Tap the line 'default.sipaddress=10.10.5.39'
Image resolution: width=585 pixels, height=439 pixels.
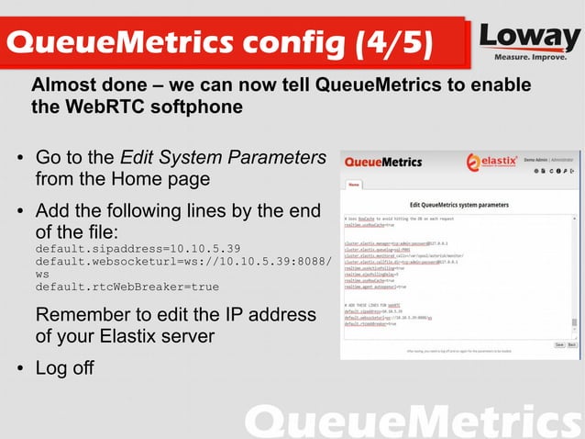point(138,249)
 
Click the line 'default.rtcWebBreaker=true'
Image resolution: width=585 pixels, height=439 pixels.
point(127,287)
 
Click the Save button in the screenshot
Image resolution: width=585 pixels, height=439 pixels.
point(558,344)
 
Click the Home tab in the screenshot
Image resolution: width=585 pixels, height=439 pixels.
point(354,185)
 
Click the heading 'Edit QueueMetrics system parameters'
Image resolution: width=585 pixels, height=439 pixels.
point(458,202)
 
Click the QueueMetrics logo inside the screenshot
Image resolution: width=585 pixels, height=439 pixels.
point(382,163)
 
